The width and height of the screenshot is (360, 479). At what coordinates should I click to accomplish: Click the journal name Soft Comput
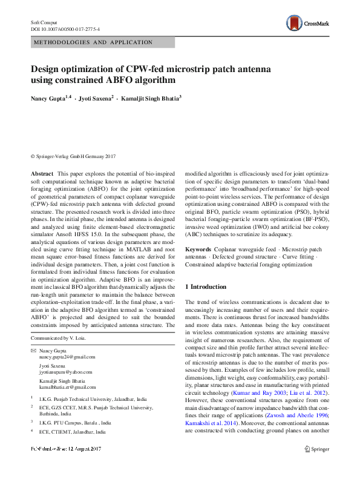pyautogui.click(x=44, y=22)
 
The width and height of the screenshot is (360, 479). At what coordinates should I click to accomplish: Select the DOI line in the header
pyautogui.click(x=65, y=28)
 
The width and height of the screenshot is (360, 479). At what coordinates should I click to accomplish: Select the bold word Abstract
pyautogui.click(x=42, y=174)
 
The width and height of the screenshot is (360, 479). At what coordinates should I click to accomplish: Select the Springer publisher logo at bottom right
pyautogui.click(x=317, y=449)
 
